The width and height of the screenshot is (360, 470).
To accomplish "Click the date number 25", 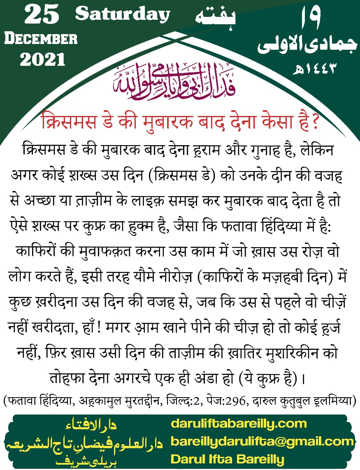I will coord(42,16).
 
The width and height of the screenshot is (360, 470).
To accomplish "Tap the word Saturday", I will coord(123,14).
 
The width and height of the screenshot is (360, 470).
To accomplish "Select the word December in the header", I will coord(41,39).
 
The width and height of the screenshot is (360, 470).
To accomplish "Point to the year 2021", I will coord(42,60).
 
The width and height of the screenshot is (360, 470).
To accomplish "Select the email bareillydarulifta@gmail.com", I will coord(262,441).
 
